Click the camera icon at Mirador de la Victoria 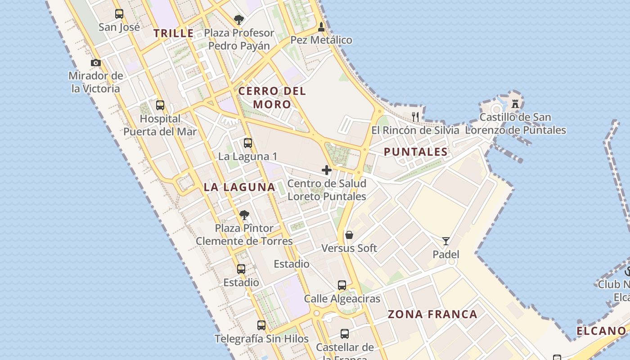[x=96, y=63]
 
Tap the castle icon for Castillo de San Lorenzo [x=515, y=104]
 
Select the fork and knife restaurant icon [x=415, y=117]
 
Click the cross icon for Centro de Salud [x=327, y=170]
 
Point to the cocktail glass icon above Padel [x=445, y=241]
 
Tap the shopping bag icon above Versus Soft [x=349, y=235]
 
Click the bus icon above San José [x=119, y=14]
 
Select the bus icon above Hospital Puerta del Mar [x=160, y=106]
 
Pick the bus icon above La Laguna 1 [x=247, y=143]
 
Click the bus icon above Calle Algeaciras [x=342, y=285]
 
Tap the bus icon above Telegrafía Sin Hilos [x=261, y=325]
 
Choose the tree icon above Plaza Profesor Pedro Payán [x=239, y=20]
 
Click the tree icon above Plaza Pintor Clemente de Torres [x=244, y=215]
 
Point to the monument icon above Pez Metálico [x=321, y=27]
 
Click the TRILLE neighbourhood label [x=174, y=33]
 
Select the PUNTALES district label [x=416, y=152]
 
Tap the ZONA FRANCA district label [x=432, y=314]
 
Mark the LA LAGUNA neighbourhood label [x=239, y=187]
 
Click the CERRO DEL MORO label [x=272, y=98]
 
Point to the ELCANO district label [x=601, y=331]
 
